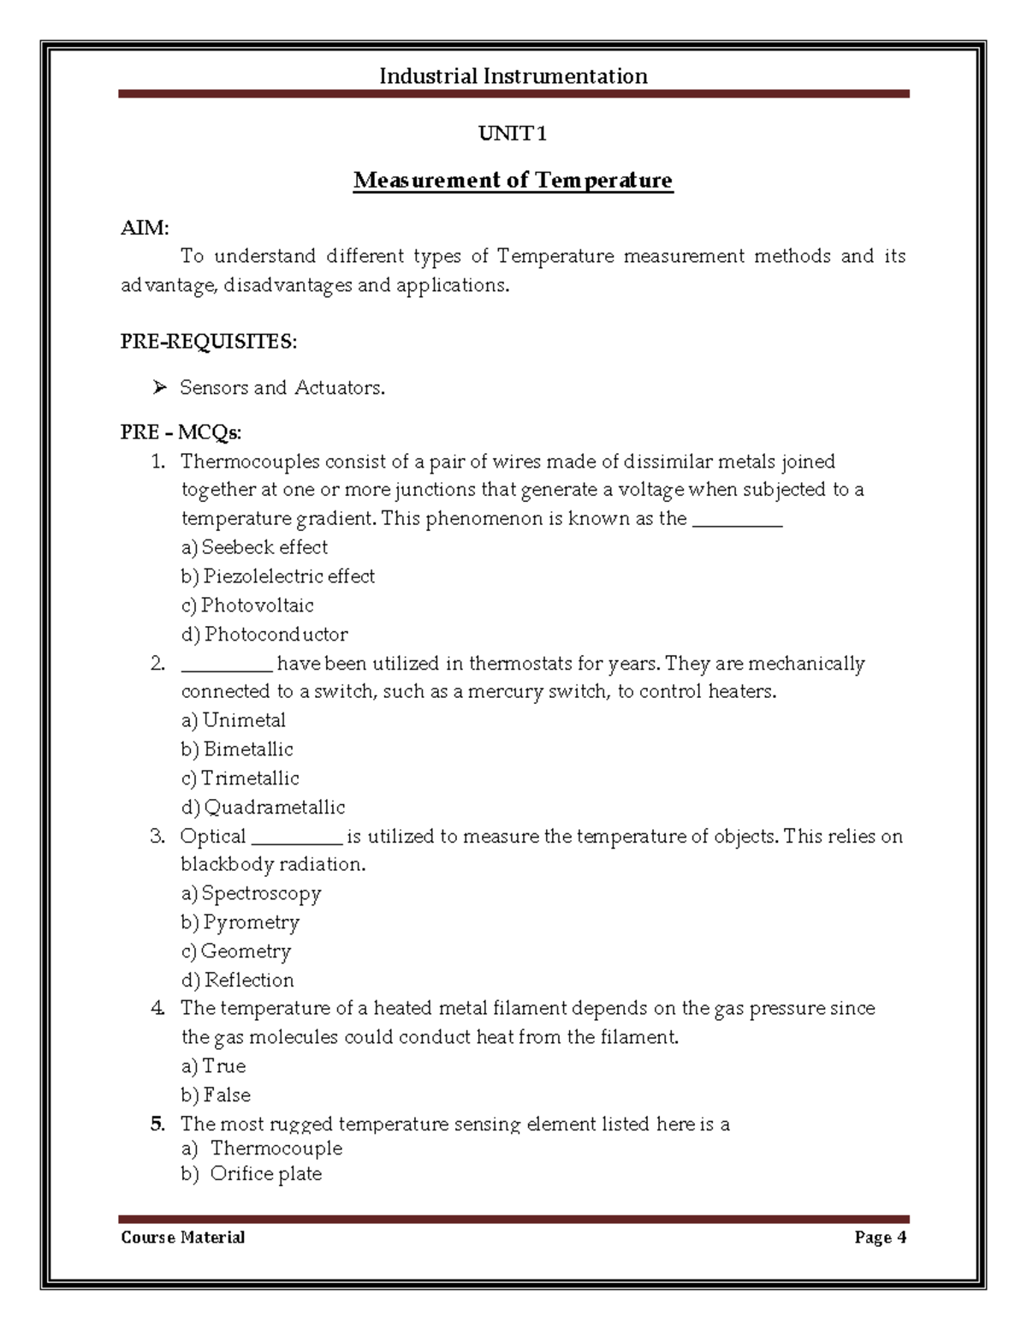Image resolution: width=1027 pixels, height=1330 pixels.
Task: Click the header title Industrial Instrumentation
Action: click(513, 76)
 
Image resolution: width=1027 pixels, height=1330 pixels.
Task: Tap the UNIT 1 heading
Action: click(512, 134)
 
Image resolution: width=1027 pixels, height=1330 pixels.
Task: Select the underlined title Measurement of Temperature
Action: click(513, 181)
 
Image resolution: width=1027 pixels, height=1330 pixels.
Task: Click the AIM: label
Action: click(145, 228)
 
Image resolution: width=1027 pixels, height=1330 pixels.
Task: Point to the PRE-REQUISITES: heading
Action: click(209, 342)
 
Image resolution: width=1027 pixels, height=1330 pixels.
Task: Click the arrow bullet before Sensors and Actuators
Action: click(159, 388)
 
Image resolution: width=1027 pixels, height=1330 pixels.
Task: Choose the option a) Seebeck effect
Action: click(254, 547)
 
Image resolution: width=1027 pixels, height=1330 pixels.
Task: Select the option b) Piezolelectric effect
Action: click(277, 576)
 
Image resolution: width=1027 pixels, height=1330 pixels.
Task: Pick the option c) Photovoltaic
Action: click(247, 605)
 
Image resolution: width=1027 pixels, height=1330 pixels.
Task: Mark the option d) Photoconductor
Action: click(264, 635)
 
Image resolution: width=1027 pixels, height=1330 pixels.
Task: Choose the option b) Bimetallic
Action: click(237, 749)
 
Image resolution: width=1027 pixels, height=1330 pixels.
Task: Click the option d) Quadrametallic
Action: click(263, 808)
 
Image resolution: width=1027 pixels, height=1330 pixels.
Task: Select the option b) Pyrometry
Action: click(240, 922)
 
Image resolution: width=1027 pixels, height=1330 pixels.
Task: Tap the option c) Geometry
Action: click(236, 951)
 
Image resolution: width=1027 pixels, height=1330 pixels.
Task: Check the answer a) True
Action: click(213, 1066)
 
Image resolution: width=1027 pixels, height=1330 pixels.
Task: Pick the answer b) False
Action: click(216, 1095)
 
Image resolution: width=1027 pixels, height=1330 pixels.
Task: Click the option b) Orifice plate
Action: click(252, 1174)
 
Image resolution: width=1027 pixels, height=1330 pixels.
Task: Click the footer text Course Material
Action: click(183, 1238)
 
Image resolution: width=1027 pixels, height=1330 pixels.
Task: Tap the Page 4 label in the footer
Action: click(880, 1238)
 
